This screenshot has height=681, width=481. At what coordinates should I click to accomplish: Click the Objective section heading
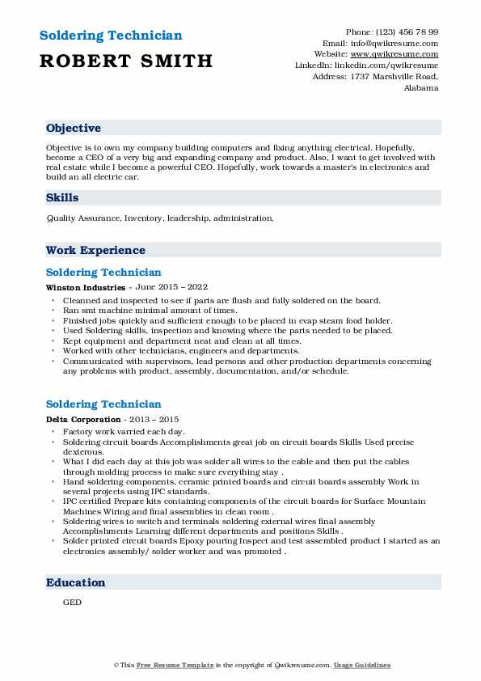[74, 129]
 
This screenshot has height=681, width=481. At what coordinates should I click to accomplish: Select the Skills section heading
[62, 197]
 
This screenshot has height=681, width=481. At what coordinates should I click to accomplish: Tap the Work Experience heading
[95, 251]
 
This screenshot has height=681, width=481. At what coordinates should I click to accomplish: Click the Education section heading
[75, 582]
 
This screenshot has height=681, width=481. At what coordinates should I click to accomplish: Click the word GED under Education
[72, 603]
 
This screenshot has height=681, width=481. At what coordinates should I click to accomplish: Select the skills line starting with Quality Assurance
[160, 218]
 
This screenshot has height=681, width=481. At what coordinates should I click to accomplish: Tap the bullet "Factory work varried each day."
[124, 433]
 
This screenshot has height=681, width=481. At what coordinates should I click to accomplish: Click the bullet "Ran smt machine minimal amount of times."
[150, 310]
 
